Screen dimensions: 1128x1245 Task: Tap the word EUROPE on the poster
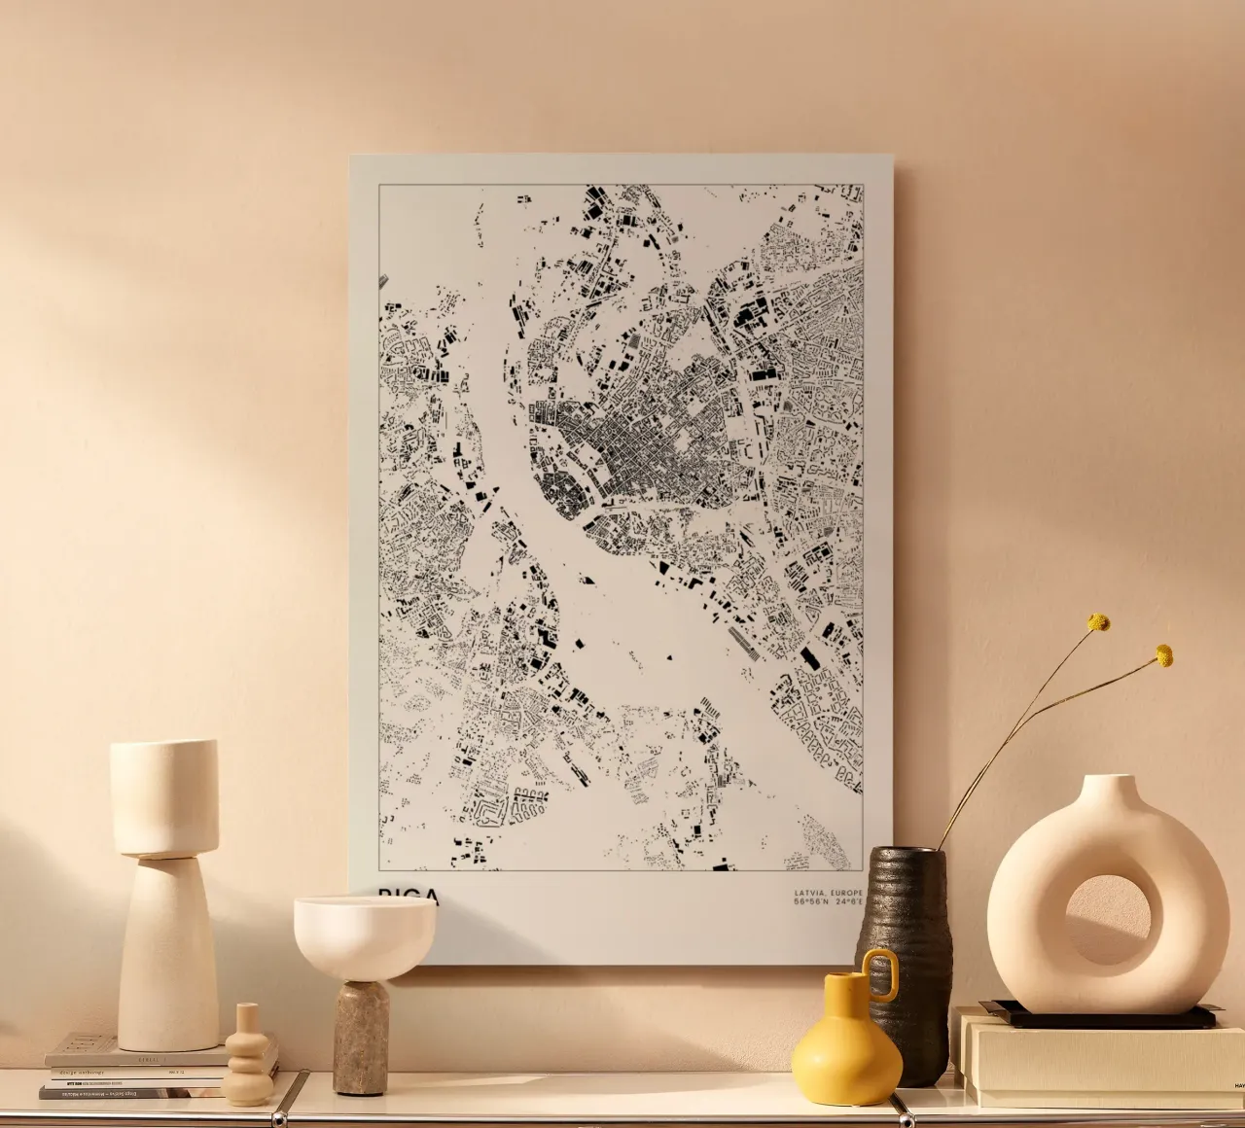coord(845,892)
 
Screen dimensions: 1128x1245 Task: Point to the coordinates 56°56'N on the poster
coord(811,902)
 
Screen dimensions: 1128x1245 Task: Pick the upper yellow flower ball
coord(1098,622)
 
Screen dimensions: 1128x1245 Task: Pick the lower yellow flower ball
coord(1163,655)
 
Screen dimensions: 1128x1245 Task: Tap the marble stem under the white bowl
coord(362,1036)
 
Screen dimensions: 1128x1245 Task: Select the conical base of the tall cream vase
coord(166,953)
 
